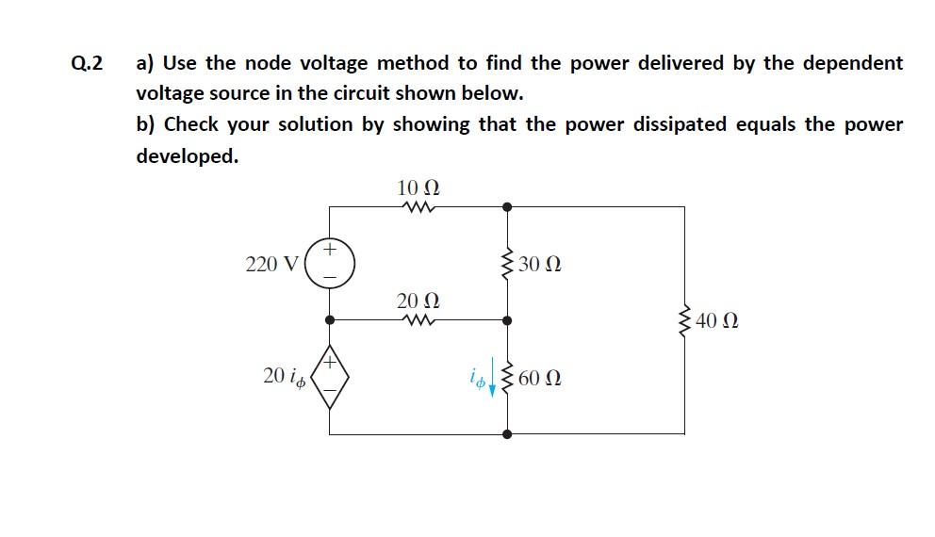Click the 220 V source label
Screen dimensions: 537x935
[271, 264]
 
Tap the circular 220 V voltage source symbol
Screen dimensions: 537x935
[330, 263]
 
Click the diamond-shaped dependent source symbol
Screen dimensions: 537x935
[330, 378]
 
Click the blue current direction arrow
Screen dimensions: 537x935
[492, 381]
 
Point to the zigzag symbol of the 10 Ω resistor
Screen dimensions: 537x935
[417, 207]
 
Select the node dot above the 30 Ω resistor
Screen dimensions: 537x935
[508, 206]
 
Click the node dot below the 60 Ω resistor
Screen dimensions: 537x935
[508, 434]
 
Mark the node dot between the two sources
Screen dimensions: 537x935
[330, 320]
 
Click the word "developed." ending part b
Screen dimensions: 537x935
[187, 155]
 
